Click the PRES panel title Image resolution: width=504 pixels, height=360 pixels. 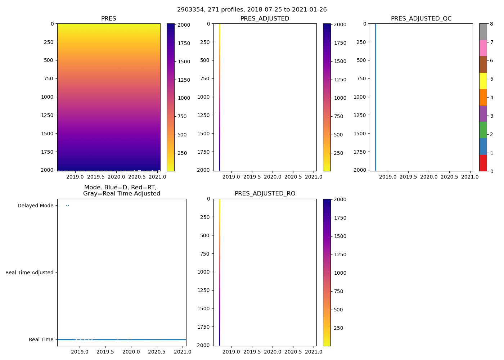click(x=108, y=19)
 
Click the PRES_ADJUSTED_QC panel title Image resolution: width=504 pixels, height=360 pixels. click(x=421, y=19)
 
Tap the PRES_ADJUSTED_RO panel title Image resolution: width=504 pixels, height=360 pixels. click(x=265, y=194)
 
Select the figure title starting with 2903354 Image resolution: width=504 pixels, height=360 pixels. click(x=252, y=10)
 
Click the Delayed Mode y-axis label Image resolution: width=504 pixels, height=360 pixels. click(x=35, y=206)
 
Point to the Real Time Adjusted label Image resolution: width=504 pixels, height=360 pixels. click(x=30, y=273)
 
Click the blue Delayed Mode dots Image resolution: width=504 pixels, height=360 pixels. click(x=67, y=206)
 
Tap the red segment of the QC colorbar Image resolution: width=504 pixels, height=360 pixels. click(x=483, y=163)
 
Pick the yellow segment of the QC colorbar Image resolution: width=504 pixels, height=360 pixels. click(x=483, y=81)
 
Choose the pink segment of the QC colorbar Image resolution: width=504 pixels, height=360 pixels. click(x=483, y=48)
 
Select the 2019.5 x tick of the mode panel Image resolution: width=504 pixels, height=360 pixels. click(x=105, y=352)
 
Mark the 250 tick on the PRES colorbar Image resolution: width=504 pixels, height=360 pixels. click(x=182, y=153)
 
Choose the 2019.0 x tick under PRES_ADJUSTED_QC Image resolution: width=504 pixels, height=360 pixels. click(x=388, y=177)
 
